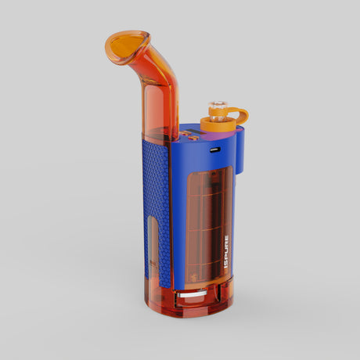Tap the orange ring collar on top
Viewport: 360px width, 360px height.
[x=217, y=122]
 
